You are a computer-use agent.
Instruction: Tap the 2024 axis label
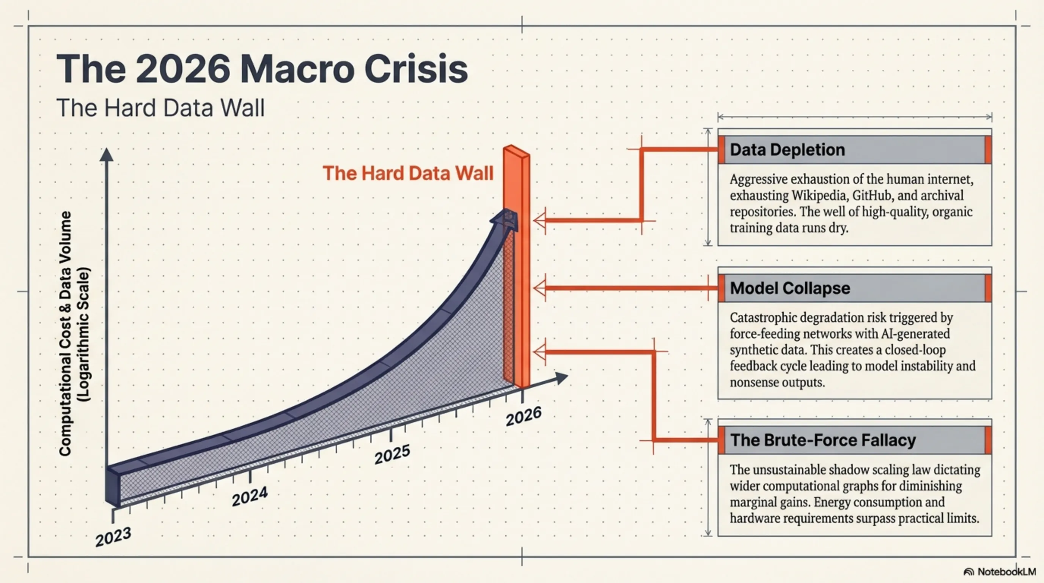pyautogui.click(x=250, y=496)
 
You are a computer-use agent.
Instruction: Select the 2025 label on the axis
pyautogui.click(x=392, y=454)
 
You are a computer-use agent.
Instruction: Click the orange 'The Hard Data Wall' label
pyautogui.click(x=408, y=173)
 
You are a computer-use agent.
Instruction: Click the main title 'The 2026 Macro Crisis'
pyautogui.click(x=262, y=69)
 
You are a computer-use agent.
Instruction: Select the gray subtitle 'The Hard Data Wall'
pyautogui.click(x=160, y=108)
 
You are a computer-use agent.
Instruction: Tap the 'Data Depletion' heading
pyautogui.click(x=787, y=150)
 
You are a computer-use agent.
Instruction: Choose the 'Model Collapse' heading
pyautogui.click(x=789, y=288)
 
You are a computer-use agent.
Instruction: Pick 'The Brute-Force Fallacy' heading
pyautogui.click(x=823, y=440)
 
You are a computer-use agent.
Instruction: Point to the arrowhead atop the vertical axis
pyautogui.click(x=106, y=154)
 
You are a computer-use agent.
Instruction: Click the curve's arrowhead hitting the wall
pyautogui.click(x=505, y=219)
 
